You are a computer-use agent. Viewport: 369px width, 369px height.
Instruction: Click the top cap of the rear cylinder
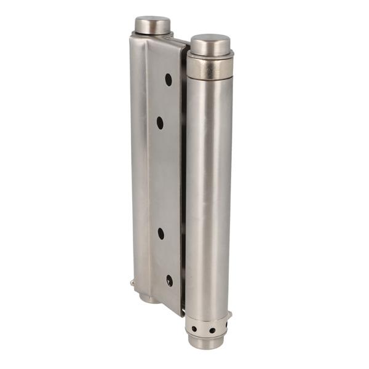tap(152, 25)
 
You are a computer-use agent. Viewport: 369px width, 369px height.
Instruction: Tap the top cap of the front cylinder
tap(210, 44)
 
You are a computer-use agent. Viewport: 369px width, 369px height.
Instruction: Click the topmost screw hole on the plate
tap(168, 79)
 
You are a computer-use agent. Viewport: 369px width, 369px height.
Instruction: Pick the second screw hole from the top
tap(160, 122)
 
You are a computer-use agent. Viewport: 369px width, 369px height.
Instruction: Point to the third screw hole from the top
tap(161, 234)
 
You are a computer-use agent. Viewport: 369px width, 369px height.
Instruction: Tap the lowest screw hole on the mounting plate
tap(169, 280)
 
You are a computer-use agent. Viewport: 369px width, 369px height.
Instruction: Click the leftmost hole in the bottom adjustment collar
tap(194, 328)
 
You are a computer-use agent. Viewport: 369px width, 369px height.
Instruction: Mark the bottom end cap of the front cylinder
tap(206, 342)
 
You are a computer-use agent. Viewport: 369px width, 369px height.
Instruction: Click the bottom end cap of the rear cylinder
tap(148, 298)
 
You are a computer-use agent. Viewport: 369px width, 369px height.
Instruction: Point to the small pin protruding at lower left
tap(133, 284)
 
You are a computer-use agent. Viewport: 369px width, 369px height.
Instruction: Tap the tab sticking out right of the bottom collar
tap(229, 316)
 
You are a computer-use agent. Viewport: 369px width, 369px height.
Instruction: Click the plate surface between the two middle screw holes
tap(161, 178)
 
